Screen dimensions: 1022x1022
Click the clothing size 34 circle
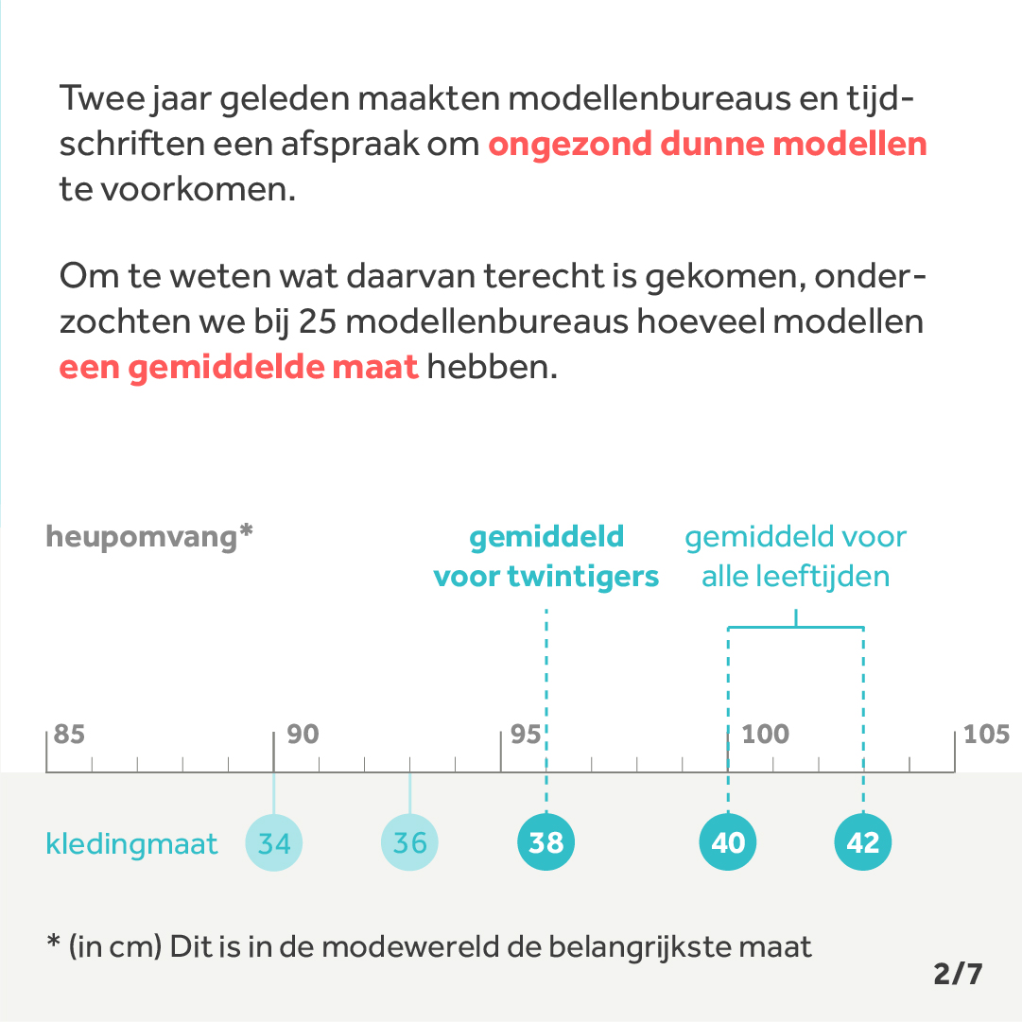pyautogui.click(x=274, y=842)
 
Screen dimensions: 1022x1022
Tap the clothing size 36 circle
pyautogui.click(x=409, y=842)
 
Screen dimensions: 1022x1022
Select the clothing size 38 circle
pyautogui.click(x=546, y=842)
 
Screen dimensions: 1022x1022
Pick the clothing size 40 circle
pyautogui.click(x=728, y=842)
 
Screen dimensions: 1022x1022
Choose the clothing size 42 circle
pyautogui.click(x=863, y=842)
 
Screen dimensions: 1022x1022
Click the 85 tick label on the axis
pyautogui.click(x=69, y=735)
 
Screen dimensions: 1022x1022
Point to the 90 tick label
pyautogui.click(x=303, y=735)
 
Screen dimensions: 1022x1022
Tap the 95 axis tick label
pyautogui.click(x=526, y=735)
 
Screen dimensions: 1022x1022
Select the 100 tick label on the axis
pyautogui.click(x=765, y=735)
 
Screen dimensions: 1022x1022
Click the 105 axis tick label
pyautogui.click(x=987, y=735)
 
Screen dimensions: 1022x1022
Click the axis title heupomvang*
pyautogui.click(x=149, y=537)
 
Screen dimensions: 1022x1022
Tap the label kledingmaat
pyautogui.click(x=131, y=843)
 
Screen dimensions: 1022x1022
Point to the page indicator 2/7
pyautogui.click(x=958, y=974)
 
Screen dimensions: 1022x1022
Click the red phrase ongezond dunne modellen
pyautogui.click(x=707, y=145)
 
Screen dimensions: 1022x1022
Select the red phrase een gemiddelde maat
pyautogui.click(x=238, y=367)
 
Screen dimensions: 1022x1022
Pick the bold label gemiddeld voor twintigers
pyautogui.click(x=546, y=557)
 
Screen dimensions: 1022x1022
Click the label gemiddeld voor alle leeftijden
pyautogui.click(x=795, y=557)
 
